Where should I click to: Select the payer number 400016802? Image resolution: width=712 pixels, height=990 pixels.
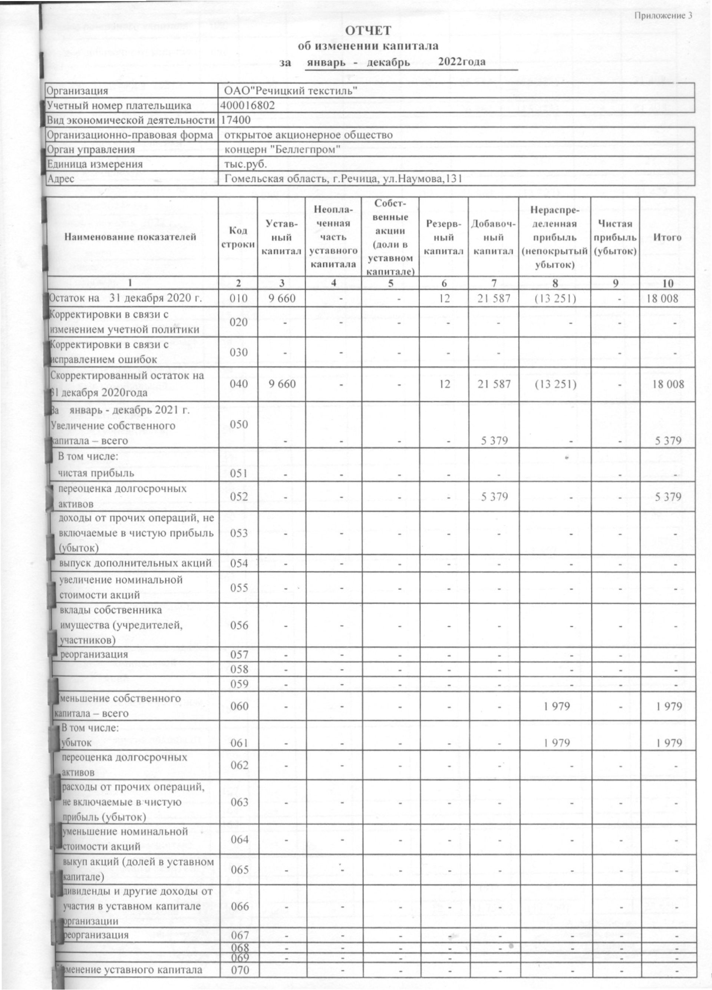(x=248, y=105)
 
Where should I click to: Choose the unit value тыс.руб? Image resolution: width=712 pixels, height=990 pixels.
(x=245, y=164)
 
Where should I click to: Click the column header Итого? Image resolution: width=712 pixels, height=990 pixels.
(x=667, y=238)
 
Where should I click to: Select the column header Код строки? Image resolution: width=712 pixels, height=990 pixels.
(x=238, y=238)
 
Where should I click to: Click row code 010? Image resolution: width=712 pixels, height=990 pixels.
(x=238, y=299)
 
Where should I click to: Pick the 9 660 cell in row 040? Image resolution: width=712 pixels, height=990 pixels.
(x=282, y=384)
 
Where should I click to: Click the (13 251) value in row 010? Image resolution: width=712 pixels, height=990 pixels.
(x=554, y=299)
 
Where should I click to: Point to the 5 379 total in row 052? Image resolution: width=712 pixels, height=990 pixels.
(x=668, y=497)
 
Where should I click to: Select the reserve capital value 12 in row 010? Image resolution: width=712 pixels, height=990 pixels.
(x=444, y=299)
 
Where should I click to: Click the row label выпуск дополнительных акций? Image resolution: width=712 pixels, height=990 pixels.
(x=135, y=563)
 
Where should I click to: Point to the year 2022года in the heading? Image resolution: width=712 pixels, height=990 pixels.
(x=461, y=62)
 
